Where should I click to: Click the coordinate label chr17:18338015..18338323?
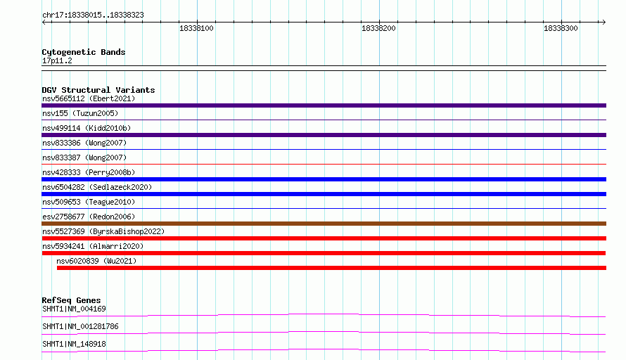93,15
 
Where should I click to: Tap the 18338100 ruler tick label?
196,28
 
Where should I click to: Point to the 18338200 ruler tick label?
378,28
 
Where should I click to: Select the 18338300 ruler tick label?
561,28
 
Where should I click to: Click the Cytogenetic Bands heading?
84,52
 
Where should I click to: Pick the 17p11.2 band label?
57,60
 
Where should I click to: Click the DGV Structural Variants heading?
98,90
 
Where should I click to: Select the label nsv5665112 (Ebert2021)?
89,98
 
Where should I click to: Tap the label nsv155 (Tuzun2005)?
80,113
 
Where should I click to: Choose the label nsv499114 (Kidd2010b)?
87,128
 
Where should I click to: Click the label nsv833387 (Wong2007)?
84,157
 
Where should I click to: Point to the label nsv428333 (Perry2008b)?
89,172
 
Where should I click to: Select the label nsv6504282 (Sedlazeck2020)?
97,187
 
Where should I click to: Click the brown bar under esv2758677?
324,224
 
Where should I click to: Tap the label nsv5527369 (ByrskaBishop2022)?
103,231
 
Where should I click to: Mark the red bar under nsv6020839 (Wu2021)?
331,268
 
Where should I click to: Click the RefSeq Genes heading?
72,300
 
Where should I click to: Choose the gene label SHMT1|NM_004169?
75,309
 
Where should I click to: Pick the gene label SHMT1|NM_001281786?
80,326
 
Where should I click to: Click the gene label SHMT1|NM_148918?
75,344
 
